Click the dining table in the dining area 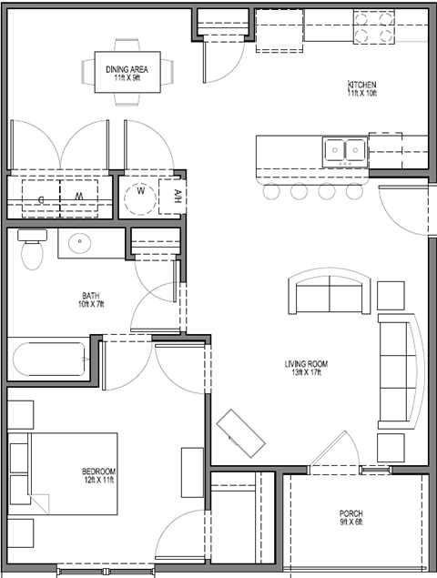point(128,71)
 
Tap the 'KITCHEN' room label point(361,86)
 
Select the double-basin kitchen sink point(345,150)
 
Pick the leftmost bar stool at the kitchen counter point(270,191)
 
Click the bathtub point(49,360)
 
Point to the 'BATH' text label point(90,296)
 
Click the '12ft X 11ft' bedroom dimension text point(98,481)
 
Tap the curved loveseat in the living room point(330,293)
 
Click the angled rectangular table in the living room point(241,433)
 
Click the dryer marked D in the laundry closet point(40,195)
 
